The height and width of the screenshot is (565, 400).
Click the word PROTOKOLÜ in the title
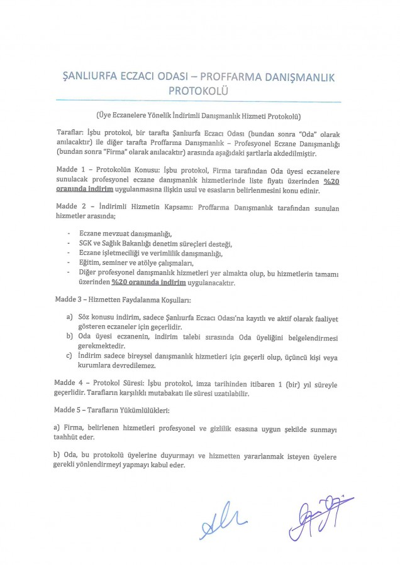click(x=200, y=90)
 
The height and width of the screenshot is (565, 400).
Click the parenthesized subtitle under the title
click(x=200, y=116)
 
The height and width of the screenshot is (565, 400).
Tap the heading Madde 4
click(x=72, y=382)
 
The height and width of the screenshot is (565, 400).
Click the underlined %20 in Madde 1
click(x=326, y=181)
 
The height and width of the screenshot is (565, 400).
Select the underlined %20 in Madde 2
click(x=122, y=283)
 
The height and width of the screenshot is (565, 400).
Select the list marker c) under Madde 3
click(x=71, y=356)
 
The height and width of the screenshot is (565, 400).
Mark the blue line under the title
click(x=200, y=102)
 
